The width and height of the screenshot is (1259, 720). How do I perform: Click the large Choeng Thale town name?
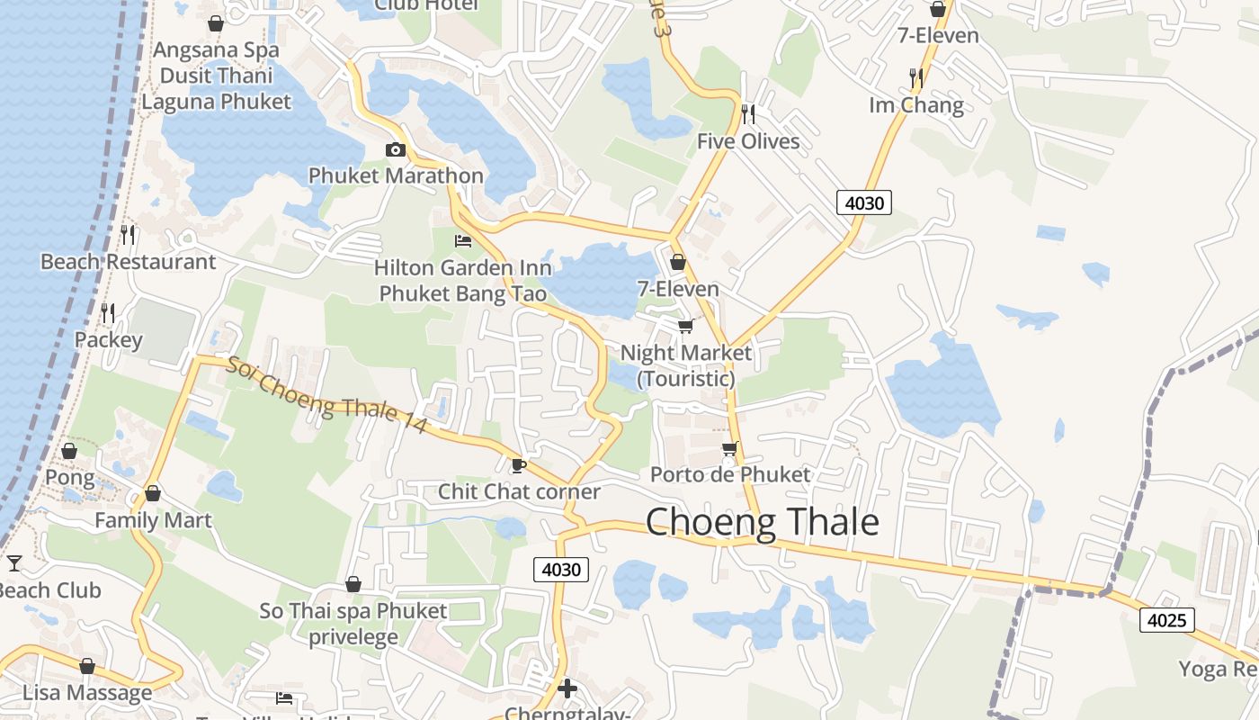(x=762, y=522)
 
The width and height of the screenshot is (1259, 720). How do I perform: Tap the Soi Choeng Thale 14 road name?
(x=326, y=396)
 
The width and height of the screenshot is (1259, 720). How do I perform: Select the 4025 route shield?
(x=1167, y=620)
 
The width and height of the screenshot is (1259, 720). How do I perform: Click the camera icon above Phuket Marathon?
(x=396, y=150)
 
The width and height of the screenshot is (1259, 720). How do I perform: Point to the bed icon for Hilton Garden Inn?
(x=463, y=241)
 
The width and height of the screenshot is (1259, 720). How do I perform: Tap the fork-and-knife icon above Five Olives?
(x=747, y=114)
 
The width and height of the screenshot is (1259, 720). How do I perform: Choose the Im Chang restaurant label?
(x=915, y=105)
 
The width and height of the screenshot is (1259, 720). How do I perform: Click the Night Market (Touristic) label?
(x=686, y=365)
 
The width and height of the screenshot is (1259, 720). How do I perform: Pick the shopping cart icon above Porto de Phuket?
(x=729, y=448)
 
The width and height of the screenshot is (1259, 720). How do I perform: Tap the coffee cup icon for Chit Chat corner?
(x=518, y=465)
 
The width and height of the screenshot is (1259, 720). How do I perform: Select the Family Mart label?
(x=153, y=520)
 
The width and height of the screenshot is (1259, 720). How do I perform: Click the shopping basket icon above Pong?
(x=69, y=451)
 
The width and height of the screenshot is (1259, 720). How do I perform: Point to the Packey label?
(x=108, y=339)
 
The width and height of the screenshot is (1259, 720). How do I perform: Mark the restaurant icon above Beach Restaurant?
(x=128, y=235)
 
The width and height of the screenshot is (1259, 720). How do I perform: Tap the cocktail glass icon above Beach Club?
(x=14, y=563)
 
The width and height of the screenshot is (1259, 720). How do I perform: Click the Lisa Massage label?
(x=87, y=693)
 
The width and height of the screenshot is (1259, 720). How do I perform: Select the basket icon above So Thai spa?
(x=353, y=585)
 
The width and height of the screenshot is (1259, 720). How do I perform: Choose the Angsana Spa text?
(x=216, y=49)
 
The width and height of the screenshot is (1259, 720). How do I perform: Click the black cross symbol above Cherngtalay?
(x=567, y=689)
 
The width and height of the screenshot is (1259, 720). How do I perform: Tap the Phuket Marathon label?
(x=396, y=175)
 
